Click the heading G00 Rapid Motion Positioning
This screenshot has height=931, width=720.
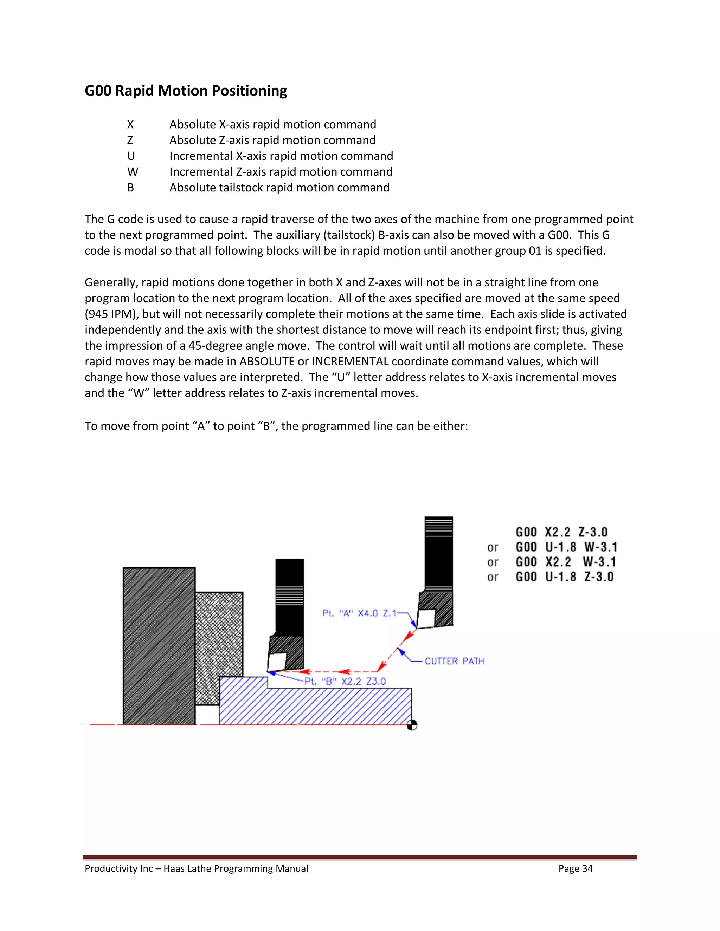(x=186, y=91)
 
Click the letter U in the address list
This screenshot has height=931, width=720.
(x=131, y=156)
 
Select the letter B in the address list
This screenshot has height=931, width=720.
(x=130, y=188)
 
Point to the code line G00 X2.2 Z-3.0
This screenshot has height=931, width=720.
(x=561, y=532)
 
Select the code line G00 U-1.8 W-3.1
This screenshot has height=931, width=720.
(x=566, y=547)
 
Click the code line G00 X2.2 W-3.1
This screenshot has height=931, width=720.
(x=566, y=562)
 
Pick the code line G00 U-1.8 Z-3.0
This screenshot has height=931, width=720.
(x=564, y=577)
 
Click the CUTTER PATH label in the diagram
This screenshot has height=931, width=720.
(x=454, y=661)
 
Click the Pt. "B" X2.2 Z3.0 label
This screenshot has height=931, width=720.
(x=345, y=681)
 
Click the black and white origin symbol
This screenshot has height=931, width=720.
(x=412, y=725)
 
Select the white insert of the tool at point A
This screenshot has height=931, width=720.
(x=426, y=618)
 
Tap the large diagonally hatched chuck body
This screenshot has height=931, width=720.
(x=159, y=646)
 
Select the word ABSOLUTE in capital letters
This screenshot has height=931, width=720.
(x=266, y=362)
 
